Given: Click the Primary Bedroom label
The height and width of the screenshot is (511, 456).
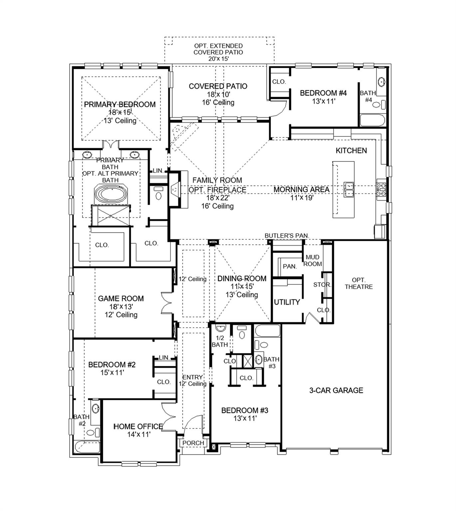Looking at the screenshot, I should (x=119, y=104).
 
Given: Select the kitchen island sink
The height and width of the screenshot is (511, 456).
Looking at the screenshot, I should (x=348, y=189).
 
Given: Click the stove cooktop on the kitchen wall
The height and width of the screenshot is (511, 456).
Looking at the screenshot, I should (x=381, y=189).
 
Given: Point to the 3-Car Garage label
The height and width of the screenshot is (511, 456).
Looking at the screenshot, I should (x=336, y=390).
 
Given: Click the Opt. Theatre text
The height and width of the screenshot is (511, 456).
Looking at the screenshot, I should (x=358, y=283).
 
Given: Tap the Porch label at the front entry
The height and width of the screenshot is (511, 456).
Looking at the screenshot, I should (x=193, y=443).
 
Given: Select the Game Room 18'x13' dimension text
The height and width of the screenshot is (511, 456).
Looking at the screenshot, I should (x=121, y=307).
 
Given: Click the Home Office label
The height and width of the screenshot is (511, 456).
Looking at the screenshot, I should (x=138, y=426).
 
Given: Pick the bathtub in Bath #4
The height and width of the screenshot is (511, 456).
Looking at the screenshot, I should (x=372, y=120).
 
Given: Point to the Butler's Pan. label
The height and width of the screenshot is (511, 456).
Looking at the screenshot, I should (x=287, y=236).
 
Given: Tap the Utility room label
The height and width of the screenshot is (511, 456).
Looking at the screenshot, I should (x=287, y=302).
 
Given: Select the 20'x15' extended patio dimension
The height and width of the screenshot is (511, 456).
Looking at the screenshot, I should (x=218, y=59).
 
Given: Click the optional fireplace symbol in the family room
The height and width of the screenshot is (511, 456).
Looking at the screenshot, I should (x=174, y=189).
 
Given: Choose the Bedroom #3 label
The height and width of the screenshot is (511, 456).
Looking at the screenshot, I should (x=245, y=411).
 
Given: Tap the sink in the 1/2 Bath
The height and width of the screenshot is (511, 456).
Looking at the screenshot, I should (x=220, y=329).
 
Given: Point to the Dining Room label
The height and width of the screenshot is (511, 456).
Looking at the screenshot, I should (x=242, y=278).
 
